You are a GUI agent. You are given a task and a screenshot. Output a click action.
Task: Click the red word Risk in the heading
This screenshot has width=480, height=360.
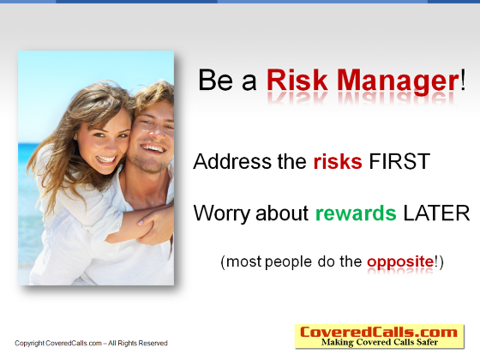coord(297,81)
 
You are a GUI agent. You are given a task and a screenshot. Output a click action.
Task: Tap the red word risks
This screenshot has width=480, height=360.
coord(338,161)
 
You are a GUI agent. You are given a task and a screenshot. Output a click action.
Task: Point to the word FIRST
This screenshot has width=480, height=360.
coord(399,161)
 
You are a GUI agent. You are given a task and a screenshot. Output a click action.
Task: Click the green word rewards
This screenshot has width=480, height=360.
coord(356,213)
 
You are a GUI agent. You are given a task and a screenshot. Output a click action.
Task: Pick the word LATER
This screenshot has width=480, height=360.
coord(436,213)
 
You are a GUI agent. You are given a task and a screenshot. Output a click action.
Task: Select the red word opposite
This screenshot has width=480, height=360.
coord(400,262)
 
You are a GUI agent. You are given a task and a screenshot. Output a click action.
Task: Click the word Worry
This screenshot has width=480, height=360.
coord(222,213)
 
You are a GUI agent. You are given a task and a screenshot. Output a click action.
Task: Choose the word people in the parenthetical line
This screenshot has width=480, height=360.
coord(288,262)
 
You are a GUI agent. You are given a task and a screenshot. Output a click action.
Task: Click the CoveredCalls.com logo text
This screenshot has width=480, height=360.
coord(379,333)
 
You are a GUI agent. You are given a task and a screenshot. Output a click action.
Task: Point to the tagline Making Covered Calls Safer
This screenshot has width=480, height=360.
coord(380,342)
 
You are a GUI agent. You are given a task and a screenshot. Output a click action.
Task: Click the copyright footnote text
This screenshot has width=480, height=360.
coord(91,343)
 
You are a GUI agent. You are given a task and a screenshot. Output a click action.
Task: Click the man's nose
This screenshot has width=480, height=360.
coord(156,132)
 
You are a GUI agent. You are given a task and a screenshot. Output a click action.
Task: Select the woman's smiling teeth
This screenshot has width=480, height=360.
coord(106,159)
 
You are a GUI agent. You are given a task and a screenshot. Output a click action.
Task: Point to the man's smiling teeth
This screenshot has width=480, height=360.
coord(153,148)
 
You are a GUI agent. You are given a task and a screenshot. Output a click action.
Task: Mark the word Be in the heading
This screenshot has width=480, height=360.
coord(215,81)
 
